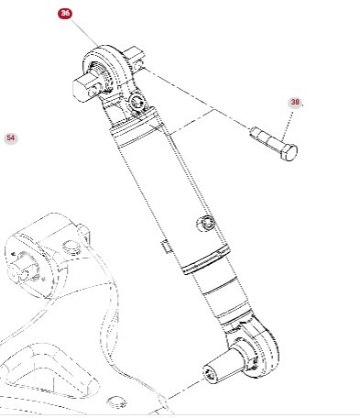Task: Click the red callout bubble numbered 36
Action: tap(64, 14)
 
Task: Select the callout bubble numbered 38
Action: tap(295, 103)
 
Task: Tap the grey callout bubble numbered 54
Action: tap(11, 138)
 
